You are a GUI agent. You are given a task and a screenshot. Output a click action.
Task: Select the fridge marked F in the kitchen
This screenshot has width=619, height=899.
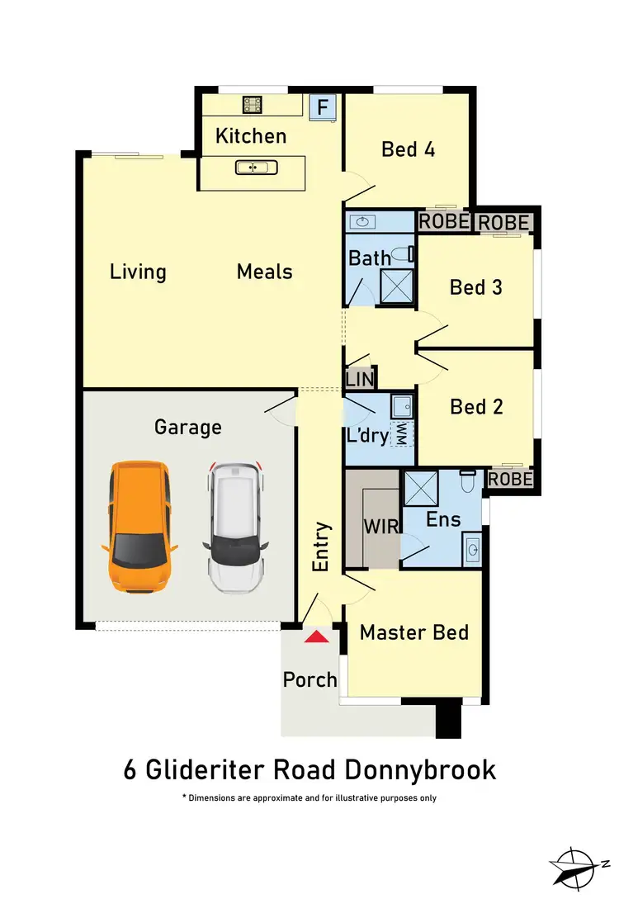323,107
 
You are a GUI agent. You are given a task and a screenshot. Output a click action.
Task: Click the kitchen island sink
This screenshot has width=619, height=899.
251,168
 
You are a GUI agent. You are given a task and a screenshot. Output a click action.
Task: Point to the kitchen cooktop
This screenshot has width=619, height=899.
252,105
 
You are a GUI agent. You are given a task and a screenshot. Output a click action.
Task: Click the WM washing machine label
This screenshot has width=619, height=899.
402,433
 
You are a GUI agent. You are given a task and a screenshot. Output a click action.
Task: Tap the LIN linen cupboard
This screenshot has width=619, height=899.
360,379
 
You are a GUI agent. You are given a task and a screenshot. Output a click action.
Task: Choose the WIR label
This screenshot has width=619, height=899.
381,526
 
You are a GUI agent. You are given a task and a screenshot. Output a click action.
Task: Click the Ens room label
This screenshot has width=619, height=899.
442,519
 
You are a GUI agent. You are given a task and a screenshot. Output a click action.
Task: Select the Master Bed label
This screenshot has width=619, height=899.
414,632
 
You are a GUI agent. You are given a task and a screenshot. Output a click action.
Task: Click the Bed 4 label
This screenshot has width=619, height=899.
408,149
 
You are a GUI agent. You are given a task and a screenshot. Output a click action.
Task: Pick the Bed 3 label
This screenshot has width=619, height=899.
476,287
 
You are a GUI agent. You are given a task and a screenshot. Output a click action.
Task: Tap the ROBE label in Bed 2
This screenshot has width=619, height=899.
510,479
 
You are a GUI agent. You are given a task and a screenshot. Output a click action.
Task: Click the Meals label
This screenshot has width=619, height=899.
264,272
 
